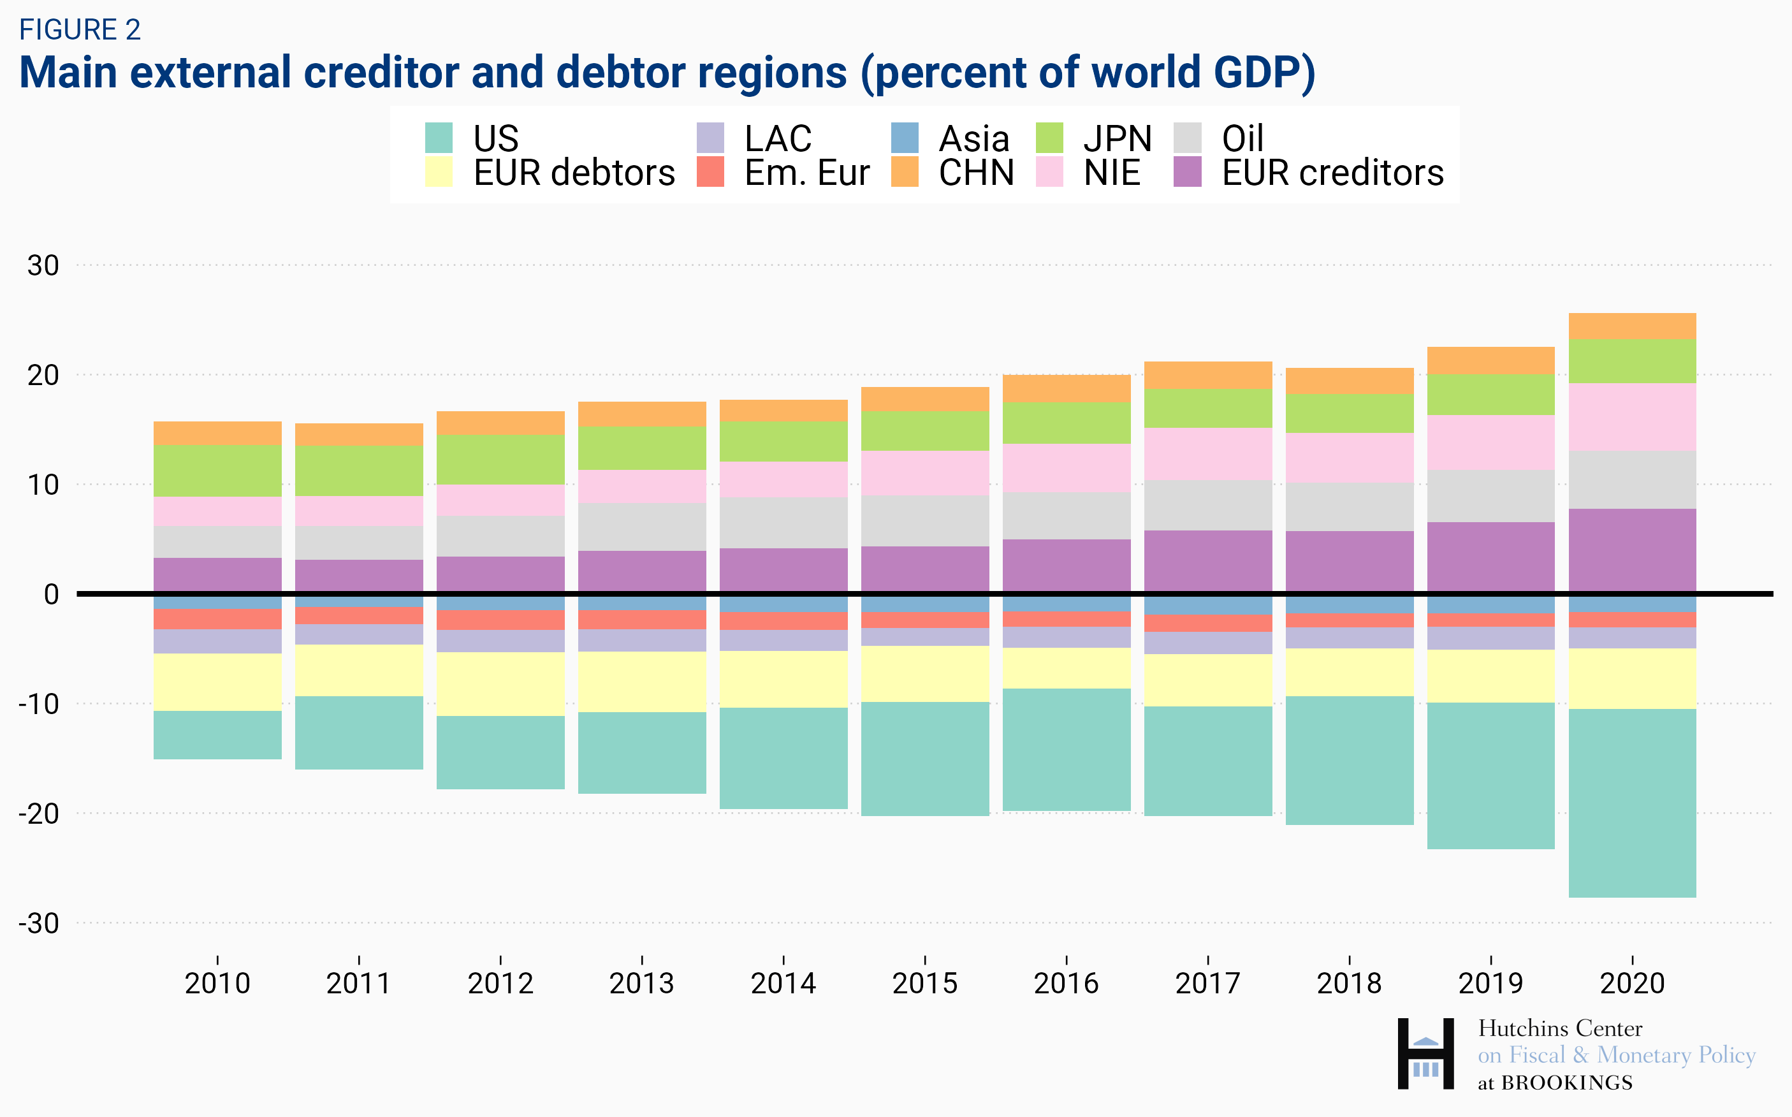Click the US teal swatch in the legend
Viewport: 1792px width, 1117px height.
point(439,138)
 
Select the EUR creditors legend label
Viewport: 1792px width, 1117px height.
point(1332,173)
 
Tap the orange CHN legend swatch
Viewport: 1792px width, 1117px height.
point(904,172)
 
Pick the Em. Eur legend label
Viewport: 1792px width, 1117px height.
point(806,173)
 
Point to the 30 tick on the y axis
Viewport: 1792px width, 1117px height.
point(43,265)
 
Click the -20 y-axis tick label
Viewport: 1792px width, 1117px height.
point(38,814)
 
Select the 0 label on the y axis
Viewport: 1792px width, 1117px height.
point(51,594)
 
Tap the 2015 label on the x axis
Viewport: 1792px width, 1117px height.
point(925,983)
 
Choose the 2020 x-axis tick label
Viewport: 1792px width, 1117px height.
point(1633,983)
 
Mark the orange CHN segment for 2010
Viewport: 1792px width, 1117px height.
point(217,433)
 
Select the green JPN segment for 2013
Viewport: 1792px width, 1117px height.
point(642,448)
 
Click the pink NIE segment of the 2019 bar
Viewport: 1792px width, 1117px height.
point(1490,442)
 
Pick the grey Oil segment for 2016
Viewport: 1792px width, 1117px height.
point(1066,516)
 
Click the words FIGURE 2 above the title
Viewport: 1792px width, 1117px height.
point(80,29)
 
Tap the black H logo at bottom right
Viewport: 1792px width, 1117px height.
point(1425,1053)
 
